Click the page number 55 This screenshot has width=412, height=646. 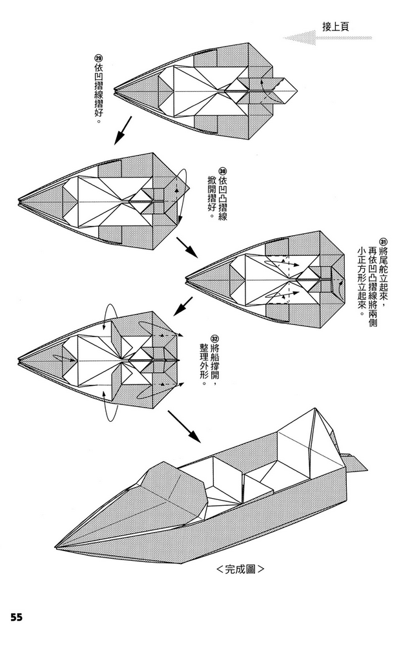point(16,617)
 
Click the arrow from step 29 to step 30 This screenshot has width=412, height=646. point(123,130)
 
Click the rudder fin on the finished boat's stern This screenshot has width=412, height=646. point(354,461)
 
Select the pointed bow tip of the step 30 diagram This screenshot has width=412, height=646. point(19,198)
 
